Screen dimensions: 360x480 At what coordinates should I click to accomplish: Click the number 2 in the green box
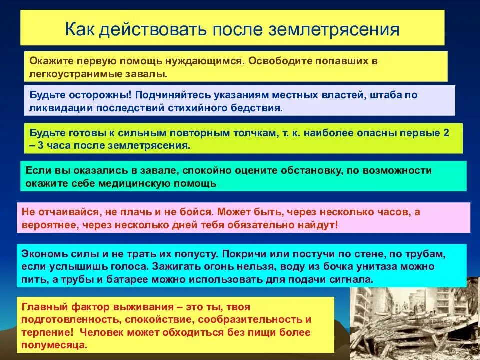pos(446,134)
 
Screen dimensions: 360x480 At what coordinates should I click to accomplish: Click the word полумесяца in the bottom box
pos(53,345)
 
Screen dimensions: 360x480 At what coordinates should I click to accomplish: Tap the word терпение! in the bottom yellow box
pos(44,332)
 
